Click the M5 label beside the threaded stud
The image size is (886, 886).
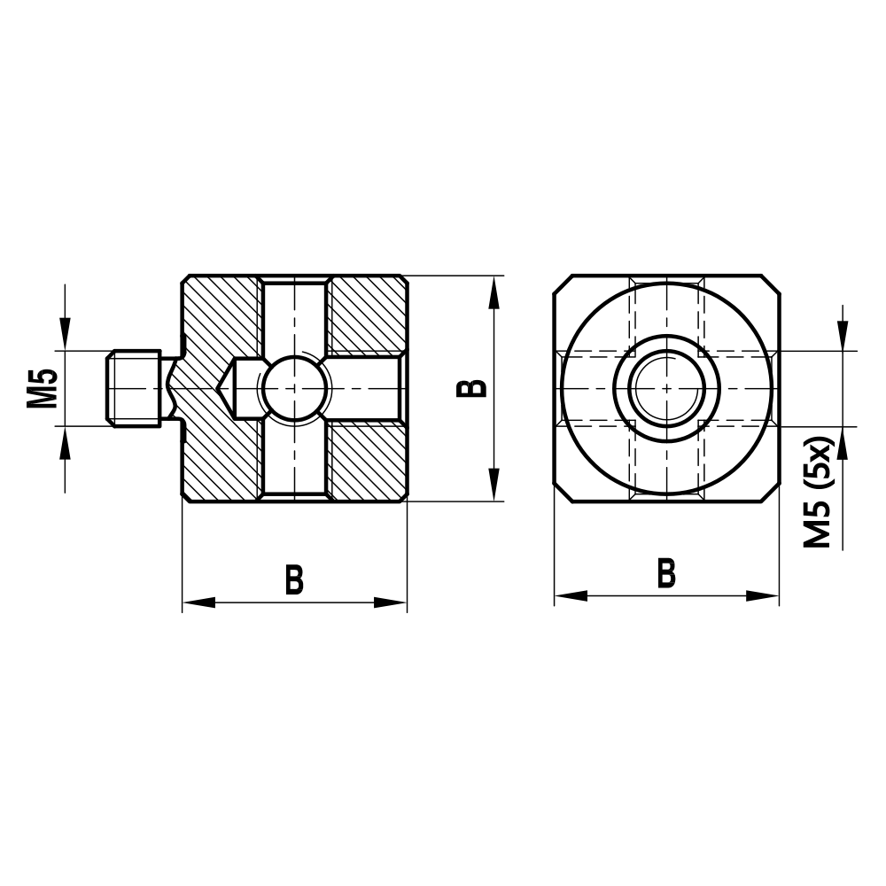tap(42, 388)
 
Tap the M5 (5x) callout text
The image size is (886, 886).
tap(818, 491)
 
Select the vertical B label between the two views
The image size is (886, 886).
tap(474, 388)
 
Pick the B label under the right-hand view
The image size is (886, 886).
tap(666, 573)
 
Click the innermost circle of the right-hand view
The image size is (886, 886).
tap(666, 388)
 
